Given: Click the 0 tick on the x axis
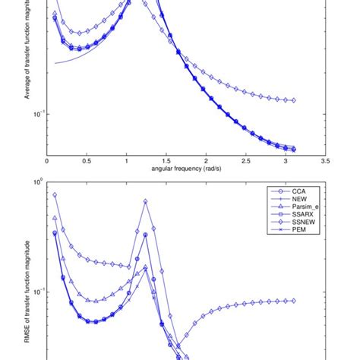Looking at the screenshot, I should click(x=47, y=162).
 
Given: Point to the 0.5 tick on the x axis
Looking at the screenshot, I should click(x=87, y=162).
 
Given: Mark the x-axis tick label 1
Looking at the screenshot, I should click(x=126, y=162).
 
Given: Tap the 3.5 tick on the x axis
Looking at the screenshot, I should click(x=325, y=162).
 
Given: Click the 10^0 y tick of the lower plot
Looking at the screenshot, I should click(x=37, y=182).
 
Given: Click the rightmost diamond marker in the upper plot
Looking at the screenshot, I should click(x=294, y=100).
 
